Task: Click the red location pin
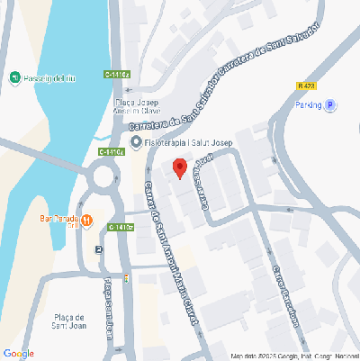pyautogui.click(x=179, y=168)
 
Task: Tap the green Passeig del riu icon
pyautogui.click(x=15, y=79)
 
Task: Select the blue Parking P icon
pyautogui.click(x=330, y=105)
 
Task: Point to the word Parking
pyautogui.click(x=308, y=105)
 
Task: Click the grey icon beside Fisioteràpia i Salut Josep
pyautogui.click(x=135, y=142)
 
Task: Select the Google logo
pyautogui.click(x=18, y=353)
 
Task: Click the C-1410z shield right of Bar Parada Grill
pyautogui.click(x=121, y=227)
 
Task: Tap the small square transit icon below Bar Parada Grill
pyautogui.click(x=98, y=250)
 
